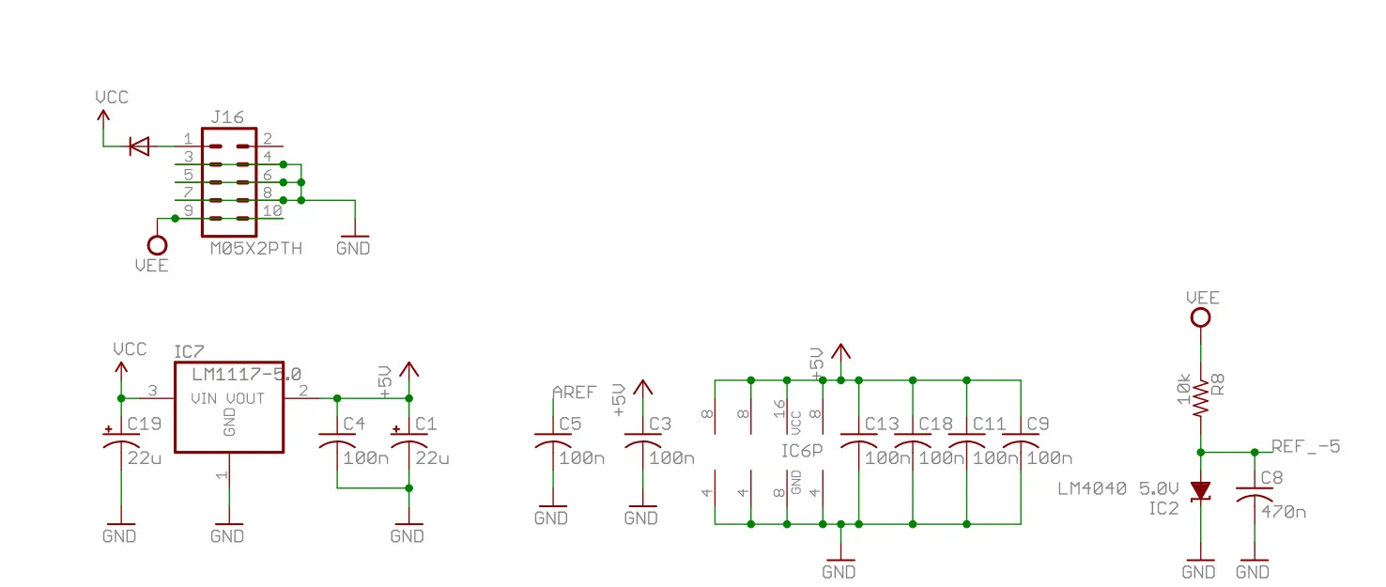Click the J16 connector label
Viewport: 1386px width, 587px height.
tap(227, 117)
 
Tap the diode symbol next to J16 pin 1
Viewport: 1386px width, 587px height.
tap(139, 146)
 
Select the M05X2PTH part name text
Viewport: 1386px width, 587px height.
tap(255, 248)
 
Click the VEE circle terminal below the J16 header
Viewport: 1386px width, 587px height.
tap(158, 245)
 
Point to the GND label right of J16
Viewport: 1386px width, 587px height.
tap(353, 248)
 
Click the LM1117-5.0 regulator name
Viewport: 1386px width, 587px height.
tap(247, 375)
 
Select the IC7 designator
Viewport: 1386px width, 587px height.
tap(189, 352)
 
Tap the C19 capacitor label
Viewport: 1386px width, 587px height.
tap(144, 424)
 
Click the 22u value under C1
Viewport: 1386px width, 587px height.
tap(432, 458)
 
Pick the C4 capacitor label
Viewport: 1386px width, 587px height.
tap(354, 424)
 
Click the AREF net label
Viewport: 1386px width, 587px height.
tap(574, 393)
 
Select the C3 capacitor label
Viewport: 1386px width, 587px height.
tap(660, 424)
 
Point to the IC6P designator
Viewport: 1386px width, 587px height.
tap(802, 450)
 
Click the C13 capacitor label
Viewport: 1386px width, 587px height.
tap(882, 424)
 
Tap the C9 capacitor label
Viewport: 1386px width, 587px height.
tap(1039, 424)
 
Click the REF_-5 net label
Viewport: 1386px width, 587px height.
tap(1305, 446)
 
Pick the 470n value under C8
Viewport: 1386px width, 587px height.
tap(1283, 512)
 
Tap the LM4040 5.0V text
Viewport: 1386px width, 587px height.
tap(1116, 488)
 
